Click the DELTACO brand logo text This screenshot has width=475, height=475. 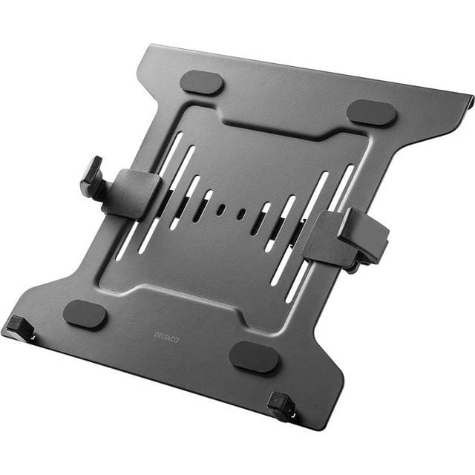tap(166, 335)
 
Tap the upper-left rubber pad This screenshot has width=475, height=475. tap(202, 82)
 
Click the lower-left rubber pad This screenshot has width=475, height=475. tap(85, 314)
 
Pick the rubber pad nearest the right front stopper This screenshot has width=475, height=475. tap(254, 358)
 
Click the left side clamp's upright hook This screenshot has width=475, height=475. tap(92, 177)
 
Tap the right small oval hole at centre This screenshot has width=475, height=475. tap(241, 215)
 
